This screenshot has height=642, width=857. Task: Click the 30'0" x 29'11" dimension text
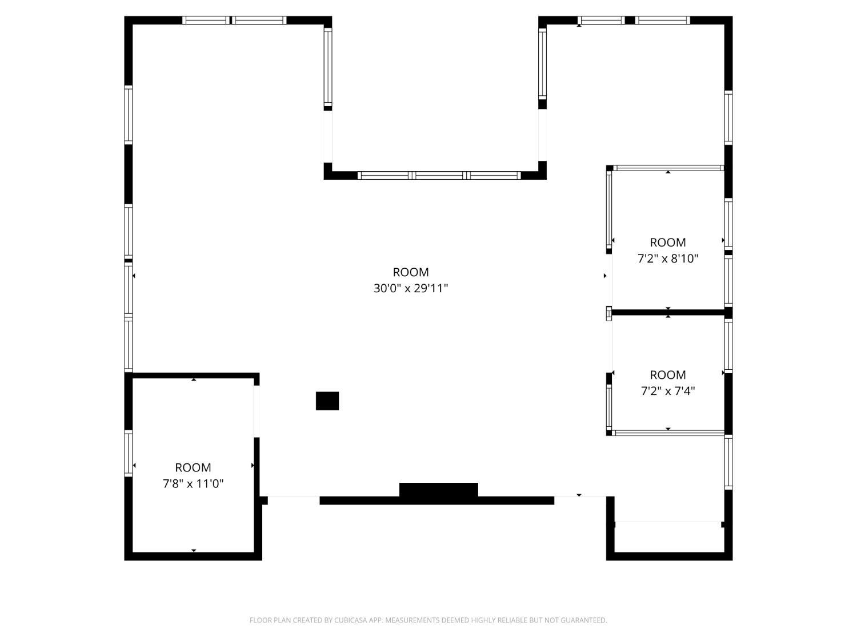tap(410, 288)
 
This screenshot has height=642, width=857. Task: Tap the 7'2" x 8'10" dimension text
tap(668, 259)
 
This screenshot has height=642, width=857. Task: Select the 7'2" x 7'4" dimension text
tap(668, 390)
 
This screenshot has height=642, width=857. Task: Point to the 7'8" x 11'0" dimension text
tap(193, 483)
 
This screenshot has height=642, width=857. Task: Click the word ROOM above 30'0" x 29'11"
tap(410, 272)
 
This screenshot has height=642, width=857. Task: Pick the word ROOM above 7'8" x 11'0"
tap(193, 467)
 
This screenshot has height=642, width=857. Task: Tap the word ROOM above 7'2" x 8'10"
tap(668, 243)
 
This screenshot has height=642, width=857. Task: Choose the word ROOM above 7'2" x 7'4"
tap(668, 374)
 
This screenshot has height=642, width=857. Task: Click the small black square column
tap(327, 401)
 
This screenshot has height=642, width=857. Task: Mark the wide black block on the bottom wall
tap(438, 490)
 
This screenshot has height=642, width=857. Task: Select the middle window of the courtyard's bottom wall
tap(439, 175)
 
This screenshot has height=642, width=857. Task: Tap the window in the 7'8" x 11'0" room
tap(129, 453)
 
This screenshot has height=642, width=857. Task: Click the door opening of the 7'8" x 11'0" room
tap(257, 411)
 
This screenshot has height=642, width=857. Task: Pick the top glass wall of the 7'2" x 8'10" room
tap(668, 168)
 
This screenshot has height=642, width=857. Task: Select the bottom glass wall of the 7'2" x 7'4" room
tap(669, 433)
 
